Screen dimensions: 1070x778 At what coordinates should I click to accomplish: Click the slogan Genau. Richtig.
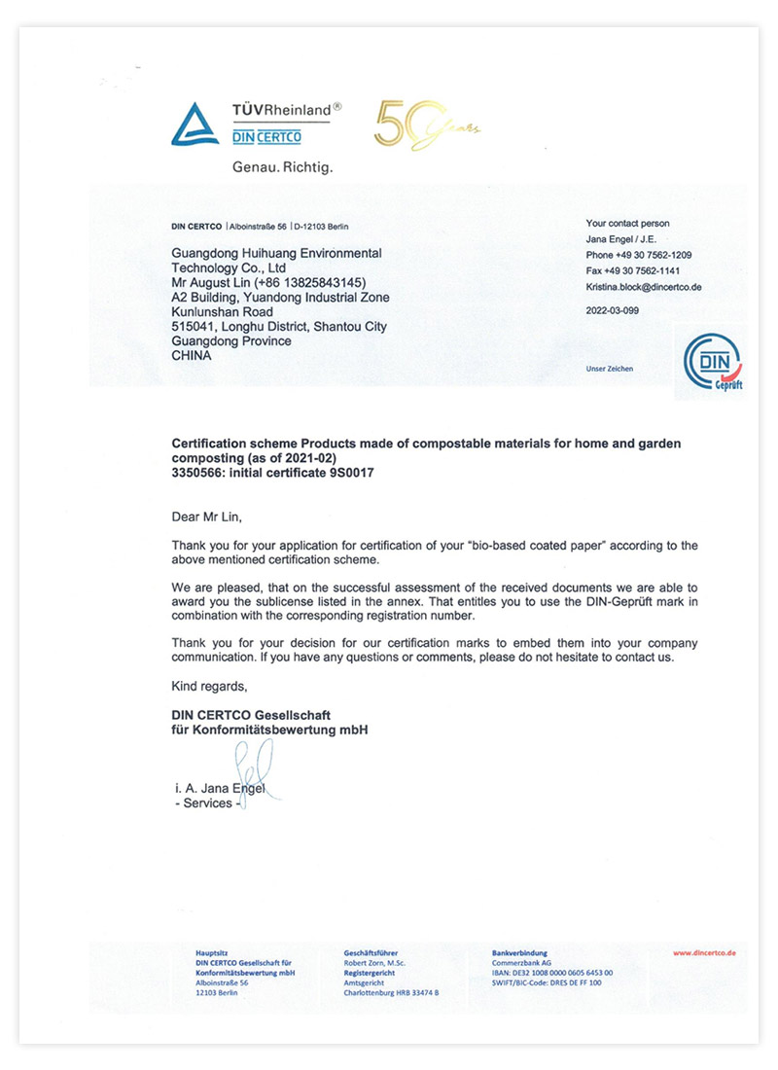282,167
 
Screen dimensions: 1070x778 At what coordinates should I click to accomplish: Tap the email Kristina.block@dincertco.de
644,287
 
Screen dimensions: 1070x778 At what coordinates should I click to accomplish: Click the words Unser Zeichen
609,369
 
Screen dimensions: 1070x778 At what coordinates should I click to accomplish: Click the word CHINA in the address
192,356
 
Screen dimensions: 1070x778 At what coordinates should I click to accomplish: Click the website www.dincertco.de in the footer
704,953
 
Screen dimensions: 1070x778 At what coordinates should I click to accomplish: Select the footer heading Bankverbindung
520,953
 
